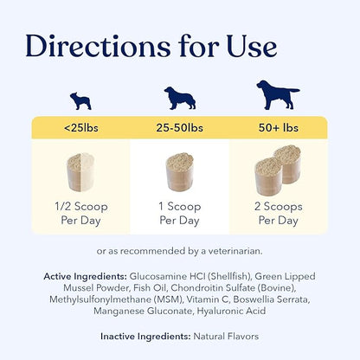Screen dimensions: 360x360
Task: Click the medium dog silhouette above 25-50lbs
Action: [180, 97]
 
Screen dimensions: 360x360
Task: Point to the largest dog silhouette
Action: [277, 94]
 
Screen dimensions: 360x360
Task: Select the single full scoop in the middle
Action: [180, 174]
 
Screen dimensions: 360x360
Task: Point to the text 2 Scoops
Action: [277, 208]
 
